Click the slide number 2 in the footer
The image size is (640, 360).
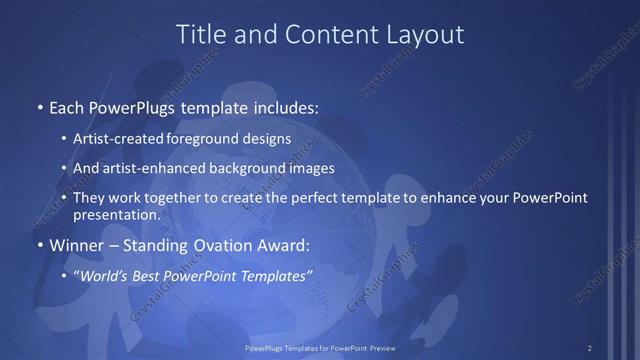(590, 348)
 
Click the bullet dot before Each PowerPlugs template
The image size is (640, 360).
(39, 107)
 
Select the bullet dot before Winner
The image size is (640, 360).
(39, 246)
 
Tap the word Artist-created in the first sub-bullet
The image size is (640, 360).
(116, 140)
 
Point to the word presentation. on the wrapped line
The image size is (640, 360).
(116, 215)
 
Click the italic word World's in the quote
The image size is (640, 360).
(104, 275)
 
